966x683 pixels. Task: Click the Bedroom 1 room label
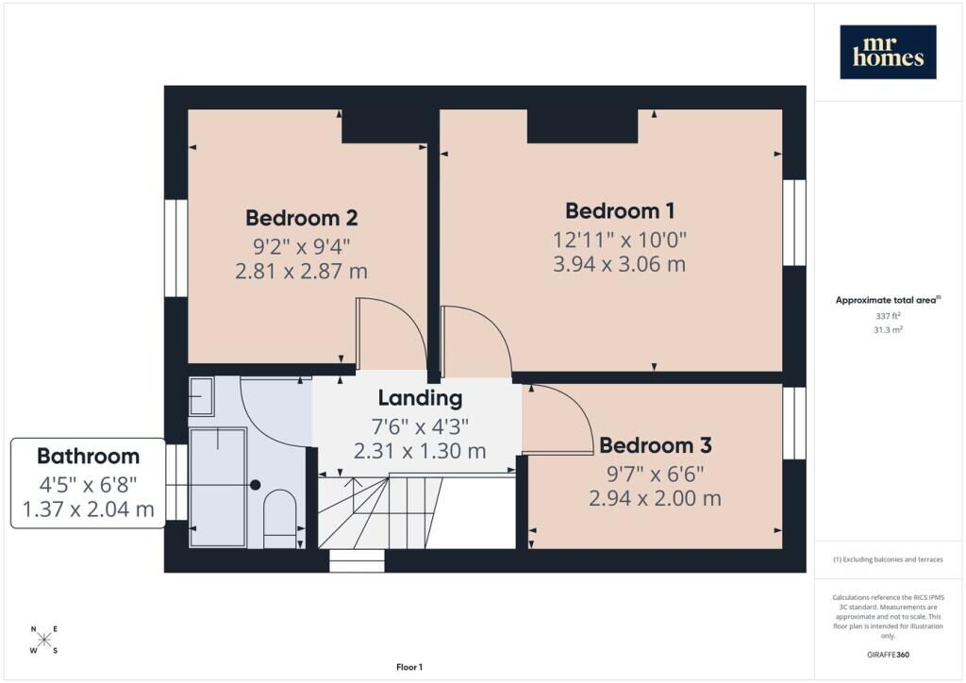pos(620,211)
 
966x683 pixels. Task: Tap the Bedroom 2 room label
pos(301,218)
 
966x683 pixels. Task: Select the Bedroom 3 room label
pos(656,445)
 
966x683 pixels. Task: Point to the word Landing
pos(420,398)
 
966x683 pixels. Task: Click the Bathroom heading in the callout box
pos(88,457)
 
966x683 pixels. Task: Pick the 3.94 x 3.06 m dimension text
pos(619,264)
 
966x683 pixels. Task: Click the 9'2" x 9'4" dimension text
pos(302,247)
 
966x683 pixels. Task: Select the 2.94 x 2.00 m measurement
pos(655,498)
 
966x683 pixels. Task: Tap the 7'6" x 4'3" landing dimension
pos(420,426)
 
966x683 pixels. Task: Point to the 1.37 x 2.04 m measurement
pos(88,510)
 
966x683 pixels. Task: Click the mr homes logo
pos(888,52)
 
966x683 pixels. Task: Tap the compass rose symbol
pos(44,640)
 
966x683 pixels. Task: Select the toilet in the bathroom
pos(279,519)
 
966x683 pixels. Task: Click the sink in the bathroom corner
pos(201,396)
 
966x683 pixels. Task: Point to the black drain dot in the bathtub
pos(255,485)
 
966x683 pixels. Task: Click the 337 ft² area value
pos(888,316)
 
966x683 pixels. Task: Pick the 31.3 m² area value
pos(888,330)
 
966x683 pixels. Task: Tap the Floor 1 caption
pos(409,667)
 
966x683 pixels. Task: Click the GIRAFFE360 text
pos(888,654)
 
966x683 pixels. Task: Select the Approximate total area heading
pos(888,301)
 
